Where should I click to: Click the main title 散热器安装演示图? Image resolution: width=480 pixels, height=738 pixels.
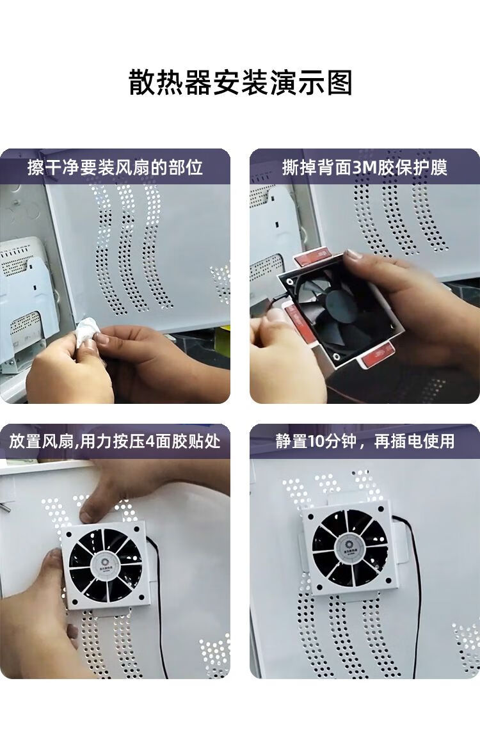pyautogui.click(x=241, y=83)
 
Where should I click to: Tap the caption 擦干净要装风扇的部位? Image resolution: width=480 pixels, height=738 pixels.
pyautogui.click(x=115, y=167)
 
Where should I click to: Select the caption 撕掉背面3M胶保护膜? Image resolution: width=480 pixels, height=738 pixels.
pyautogui.click(x=364, y=167)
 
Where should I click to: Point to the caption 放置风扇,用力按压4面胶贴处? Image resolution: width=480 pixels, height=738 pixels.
pyautogui.click(x=115, y=442)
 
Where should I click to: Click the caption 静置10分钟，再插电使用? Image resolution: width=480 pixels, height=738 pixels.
pyautogui.click(x=365, y=442)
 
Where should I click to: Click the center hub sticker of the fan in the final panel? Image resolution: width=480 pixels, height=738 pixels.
pyautogui.click(x=350, y=546)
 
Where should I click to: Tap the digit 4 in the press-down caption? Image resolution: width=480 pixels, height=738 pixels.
pyautogui.click(x=150, y=442)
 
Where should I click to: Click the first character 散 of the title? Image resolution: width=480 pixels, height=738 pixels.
pyautogui.click(x=143, y=83)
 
